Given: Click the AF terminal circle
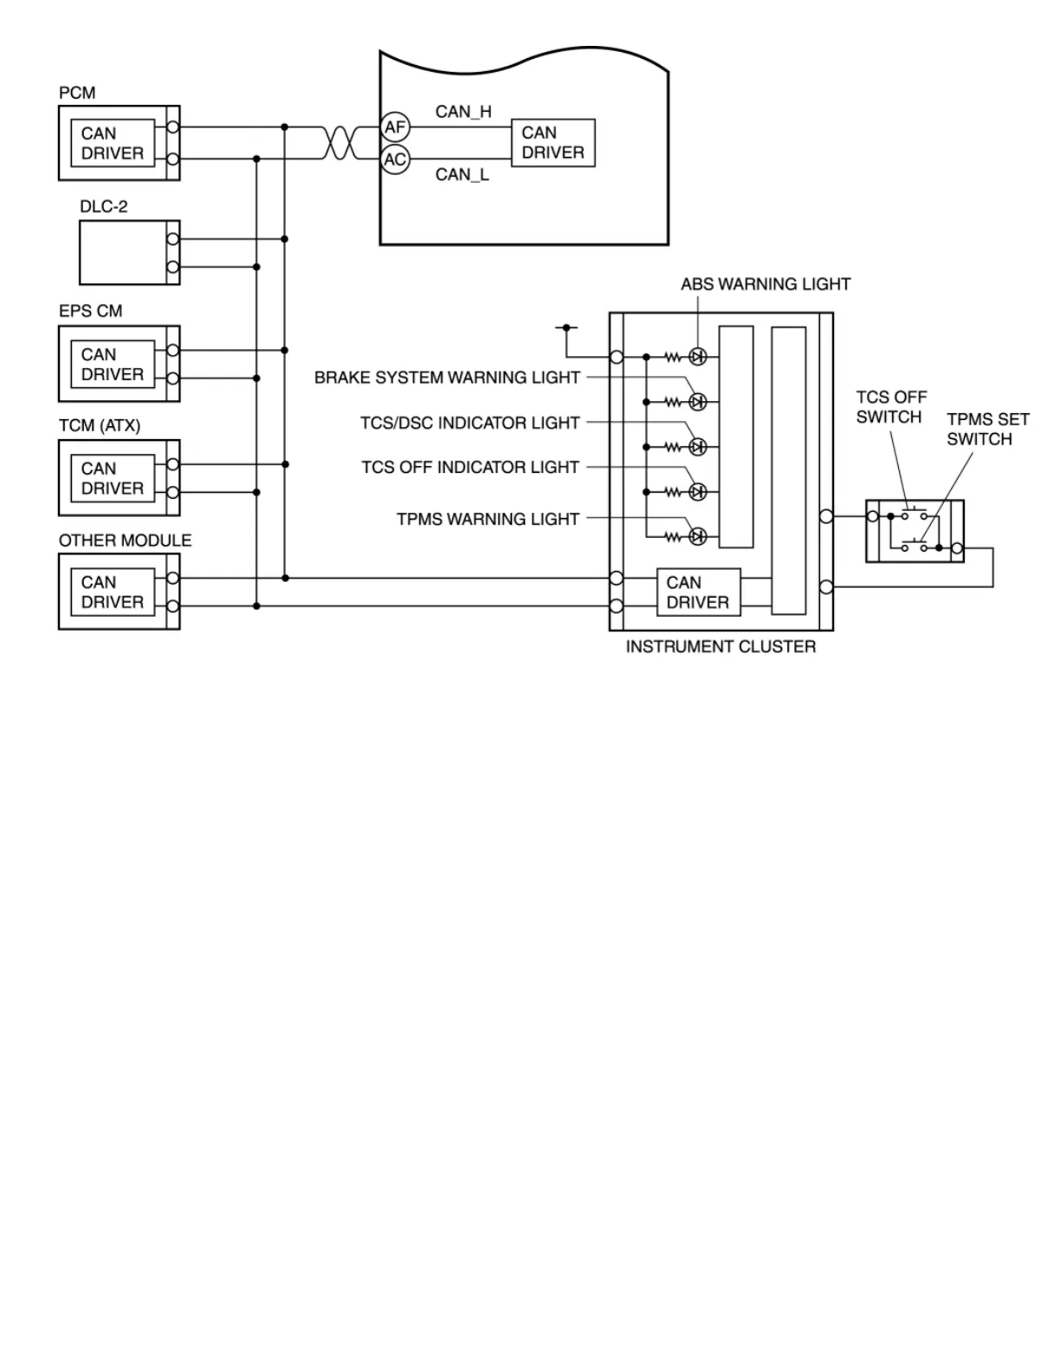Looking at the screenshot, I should [x=395, y=127].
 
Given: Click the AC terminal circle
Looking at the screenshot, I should [x=395, y=159].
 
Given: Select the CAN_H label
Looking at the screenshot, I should [x=463, y=111].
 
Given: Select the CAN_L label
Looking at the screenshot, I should [x=462, y=174].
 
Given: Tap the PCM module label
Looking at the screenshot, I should [x=77, y=93].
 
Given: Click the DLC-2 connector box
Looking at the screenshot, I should [x=129, y=252].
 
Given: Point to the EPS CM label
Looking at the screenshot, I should [x=90, y=311].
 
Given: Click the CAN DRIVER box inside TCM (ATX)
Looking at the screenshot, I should [x=113, y=478].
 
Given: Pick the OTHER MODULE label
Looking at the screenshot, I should [x=125, y=540].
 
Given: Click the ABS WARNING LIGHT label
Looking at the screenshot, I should [x=766, y=284].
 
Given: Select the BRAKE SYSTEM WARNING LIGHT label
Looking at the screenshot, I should [x=447, y=378].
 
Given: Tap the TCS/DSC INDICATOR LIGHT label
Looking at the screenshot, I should [x=470, y=423].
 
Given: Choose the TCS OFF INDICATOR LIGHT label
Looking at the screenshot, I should [x=470, y=467].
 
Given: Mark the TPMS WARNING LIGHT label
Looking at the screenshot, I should [x=488, y=519].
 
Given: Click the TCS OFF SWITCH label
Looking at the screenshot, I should [x=891, y=407].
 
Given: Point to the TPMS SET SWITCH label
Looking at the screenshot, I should [x=987, y=429].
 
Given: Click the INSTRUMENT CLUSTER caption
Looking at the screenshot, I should [x=721, y=646].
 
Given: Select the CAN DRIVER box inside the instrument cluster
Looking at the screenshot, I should [x=698, y=592].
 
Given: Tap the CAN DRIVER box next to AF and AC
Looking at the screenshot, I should [x=553, y=143].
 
